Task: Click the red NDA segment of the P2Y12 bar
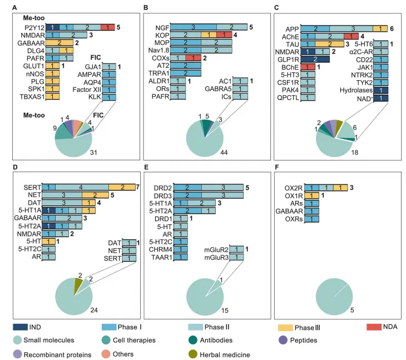pyautogui.click(x=108, y=27)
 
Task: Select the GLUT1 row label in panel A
pyautogui.click(x=35, y=66)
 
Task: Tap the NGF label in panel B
pyautogui.click(x=162, y=27)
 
